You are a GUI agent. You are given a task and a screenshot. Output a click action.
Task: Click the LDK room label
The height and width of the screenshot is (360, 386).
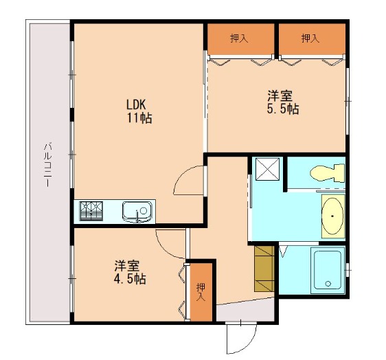tap(136, 104)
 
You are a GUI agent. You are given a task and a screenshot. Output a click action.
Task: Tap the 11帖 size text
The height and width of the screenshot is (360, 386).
tap(139, 118)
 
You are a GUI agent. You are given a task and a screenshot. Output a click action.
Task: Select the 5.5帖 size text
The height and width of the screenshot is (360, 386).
tap(283, 109)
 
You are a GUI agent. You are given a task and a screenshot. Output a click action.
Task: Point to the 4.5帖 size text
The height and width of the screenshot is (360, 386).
tap(130, 279)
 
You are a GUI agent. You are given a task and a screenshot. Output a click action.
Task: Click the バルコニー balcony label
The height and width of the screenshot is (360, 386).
tap(48, 164)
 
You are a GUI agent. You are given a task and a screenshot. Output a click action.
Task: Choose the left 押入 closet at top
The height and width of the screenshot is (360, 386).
tap(239, 38)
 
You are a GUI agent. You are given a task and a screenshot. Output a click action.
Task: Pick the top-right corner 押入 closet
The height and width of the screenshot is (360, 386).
tap(310, 38)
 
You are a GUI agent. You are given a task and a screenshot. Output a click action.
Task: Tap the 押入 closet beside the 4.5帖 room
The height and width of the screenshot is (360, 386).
tap(201, 292)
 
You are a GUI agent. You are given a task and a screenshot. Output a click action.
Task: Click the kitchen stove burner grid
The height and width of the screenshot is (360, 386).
tap(91, 211)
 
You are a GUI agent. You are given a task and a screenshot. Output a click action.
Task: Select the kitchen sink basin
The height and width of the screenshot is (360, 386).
tap(137, 211)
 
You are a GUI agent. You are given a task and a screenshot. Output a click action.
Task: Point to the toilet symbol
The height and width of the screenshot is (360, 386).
tap(327, 173)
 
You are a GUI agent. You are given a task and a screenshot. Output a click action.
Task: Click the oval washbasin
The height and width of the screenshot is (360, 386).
tap(332, 216)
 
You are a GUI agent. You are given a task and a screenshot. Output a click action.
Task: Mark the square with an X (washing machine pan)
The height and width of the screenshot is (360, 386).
tap(267, 169)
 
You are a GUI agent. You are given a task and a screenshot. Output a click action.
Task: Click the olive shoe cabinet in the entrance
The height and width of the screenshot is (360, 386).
tap(264, 269)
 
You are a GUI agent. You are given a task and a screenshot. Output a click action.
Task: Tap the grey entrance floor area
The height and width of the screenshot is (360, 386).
tap(245, 310)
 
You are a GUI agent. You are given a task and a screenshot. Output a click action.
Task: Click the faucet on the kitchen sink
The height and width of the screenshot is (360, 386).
tap(137, 216)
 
